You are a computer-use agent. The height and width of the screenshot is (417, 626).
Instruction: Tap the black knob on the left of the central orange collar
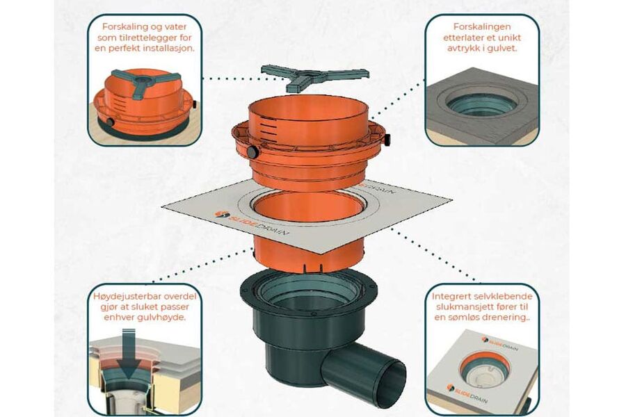click(x=252, y=152)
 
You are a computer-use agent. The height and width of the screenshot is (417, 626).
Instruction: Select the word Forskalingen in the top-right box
click(x=482, y=26)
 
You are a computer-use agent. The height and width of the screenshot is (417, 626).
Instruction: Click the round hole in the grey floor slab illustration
click(x=481, y=104)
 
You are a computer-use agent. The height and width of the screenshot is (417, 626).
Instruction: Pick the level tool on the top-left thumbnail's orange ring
click(x=145, y=81)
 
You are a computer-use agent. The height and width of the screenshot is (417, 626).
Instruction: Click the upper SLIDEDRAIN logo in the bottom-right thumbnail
click(x=500, y=343)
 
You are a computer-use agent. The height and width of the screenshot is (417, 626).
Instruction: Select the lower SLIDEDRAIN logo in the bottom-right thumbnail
click(x=467, y=393)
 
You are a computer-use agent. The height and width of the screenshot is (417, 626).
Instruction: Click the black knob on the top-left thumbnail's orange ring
click(x=109, y=122)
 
